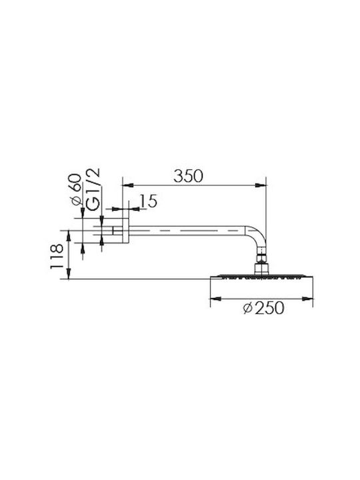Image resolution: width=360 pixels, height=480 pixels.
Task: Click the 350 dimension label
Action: pos(188,176)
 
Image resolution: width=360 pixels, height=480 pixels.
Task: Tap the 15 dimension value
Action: pos(149,201)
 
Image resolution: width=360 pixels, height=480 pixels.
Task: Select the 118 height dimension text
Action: pos(57,257)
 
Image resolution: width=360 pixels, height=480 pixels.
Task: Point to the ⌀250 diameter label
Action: pos(263,307)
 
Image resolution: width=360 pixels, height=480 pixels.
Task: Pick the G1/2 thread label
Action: pos(93,189)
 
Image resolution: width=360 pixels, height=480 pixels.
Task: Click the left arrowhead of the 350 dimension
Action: pos(128,185)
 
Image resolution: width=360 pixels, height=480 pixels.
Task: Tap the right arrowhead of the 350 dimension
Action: pos(261,185)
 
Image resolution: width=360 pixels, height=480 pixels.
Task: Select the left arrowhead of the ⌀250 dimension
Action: pos(216,299)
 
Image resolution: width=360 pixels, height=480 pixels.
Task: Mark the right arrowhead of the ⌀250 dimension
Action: pos(307,299)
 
